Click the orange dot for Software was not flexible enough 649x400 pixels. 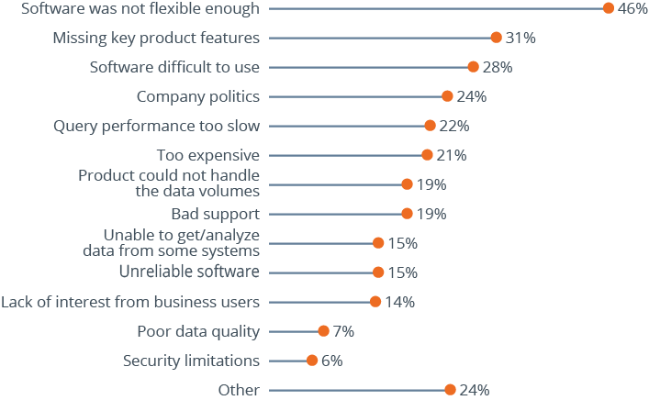[609, 8]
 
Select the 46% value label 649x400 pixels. [632, 8]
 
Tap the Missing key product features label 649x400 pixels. [156, 38]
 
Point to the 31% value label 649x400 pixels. [520, 38]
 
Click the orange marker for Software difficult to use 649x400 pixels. [474, 67]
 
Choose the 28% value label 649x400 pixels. [498, 67]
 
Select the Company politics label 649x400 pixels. [198, 96]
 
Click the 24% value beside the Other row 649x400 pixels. [474, 390]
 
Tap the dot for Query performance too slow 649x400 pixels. [430, 126]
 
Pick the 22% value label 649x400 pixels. [454, 126]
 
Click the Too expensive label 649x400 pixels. [208, 155]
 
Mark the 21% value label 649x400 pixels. [451, 155]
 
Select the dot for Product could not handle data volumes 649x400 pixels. [407, 184]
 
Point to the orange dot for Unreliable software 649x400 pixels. [378, 272]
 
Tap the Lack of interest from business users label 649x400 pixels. [130, 302]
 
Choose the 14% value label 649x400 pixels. [399, 302]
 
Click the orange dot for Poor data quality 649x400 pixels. [323, 331]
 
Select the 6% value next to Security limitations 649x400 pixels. [331, 361]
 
